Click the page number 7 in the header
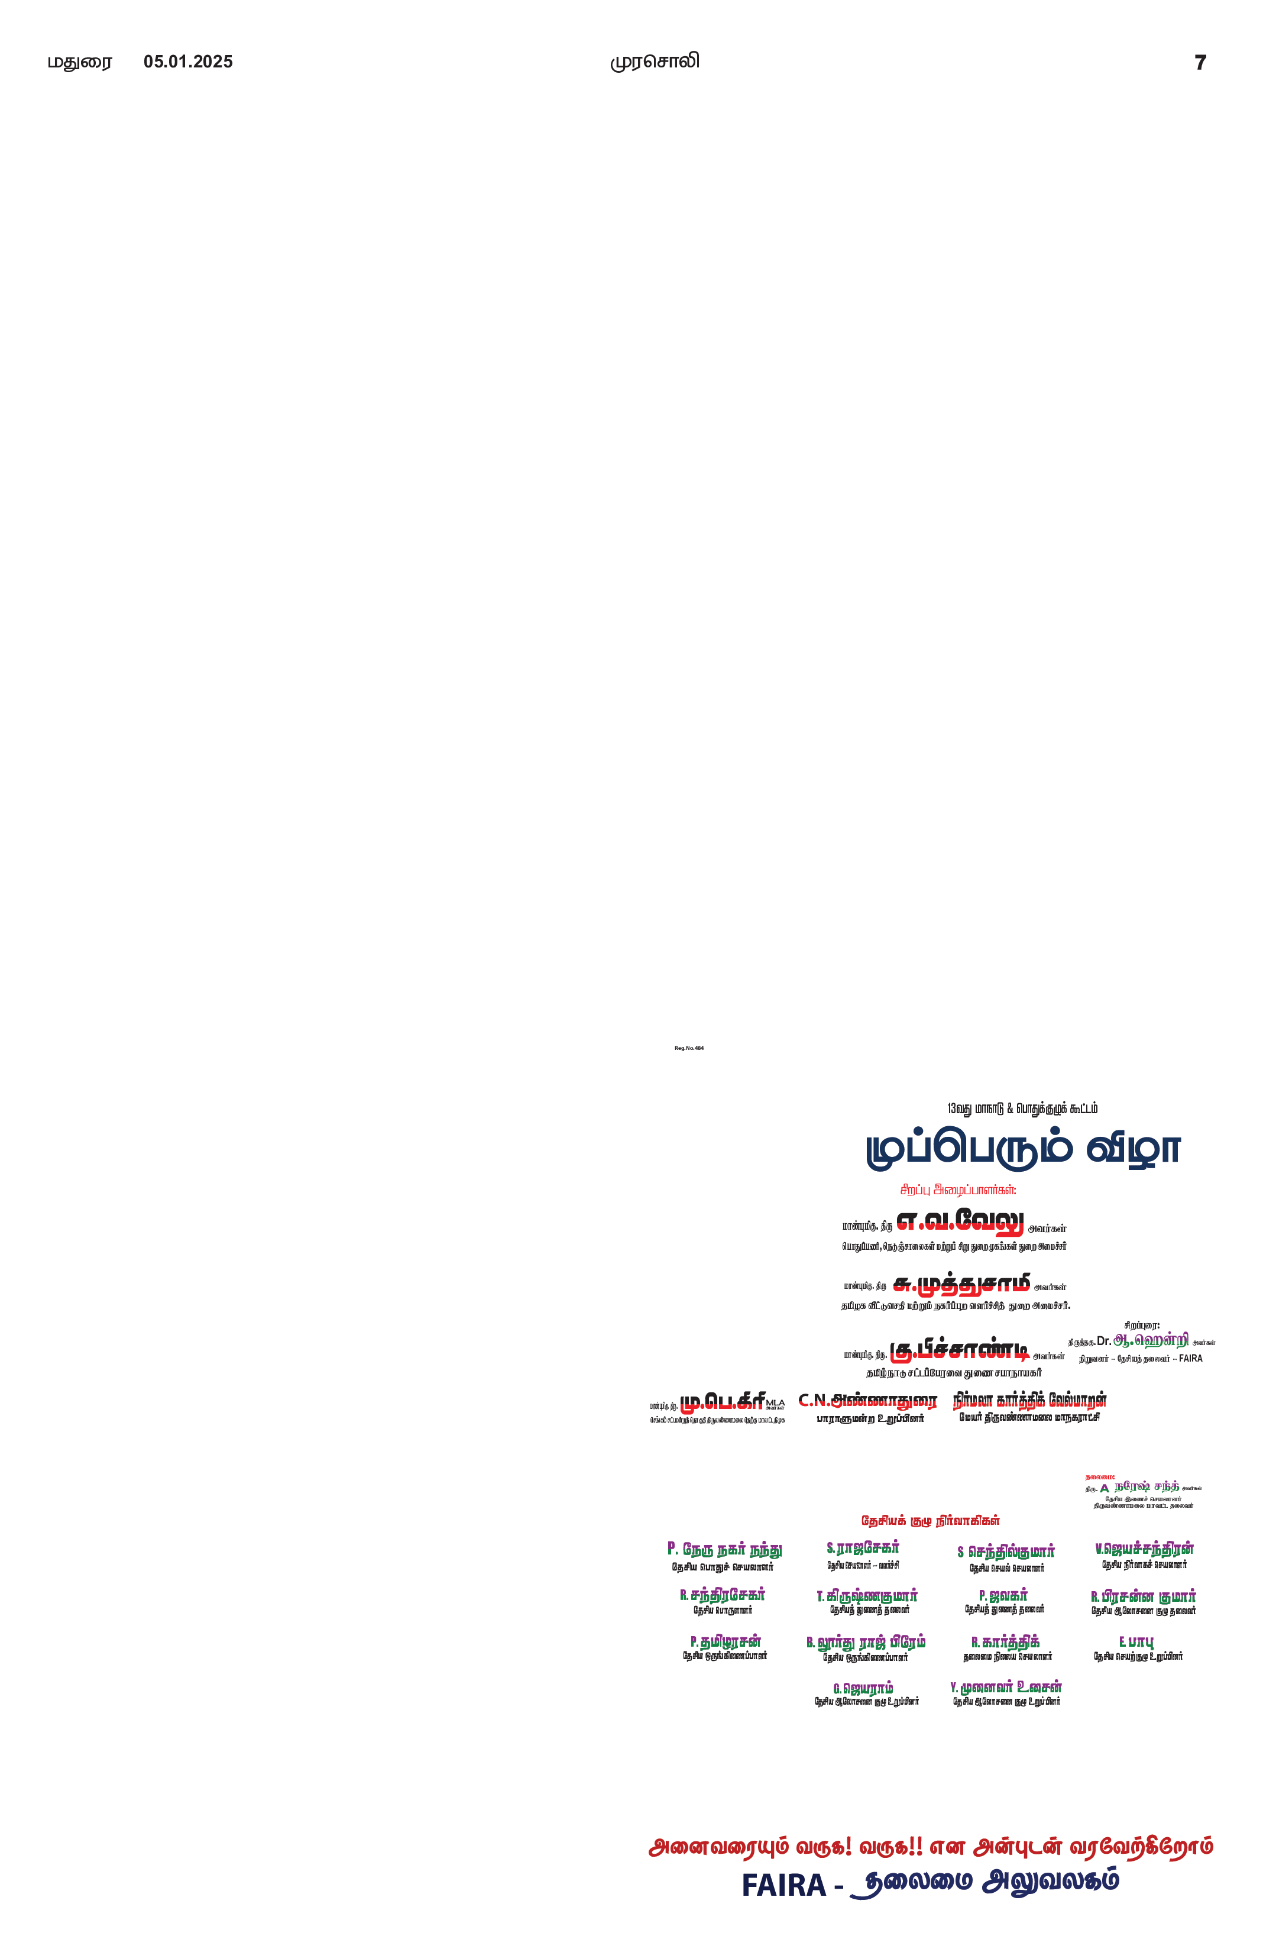pyautogui.click(x=1200, y=62)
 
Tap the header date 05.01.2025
pyautogui.click(x=188, y=62)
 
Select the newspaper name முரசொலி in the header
pyautogui.click(x=655, y=62)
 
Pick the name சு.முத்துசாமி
pyautogui.click(x=962, y=1284)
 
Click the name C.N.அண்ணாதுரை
pyautogui.click(x=867, y=1399)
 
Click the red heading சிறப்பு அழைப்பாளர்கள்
pyautogui.click(x=958, y=1188)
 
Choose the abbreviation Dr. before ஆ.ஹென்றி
pyautogui.click(x=1103, y=1342)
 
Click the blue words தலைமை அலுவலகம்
pyautogui.click(x=985, y=1882)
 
